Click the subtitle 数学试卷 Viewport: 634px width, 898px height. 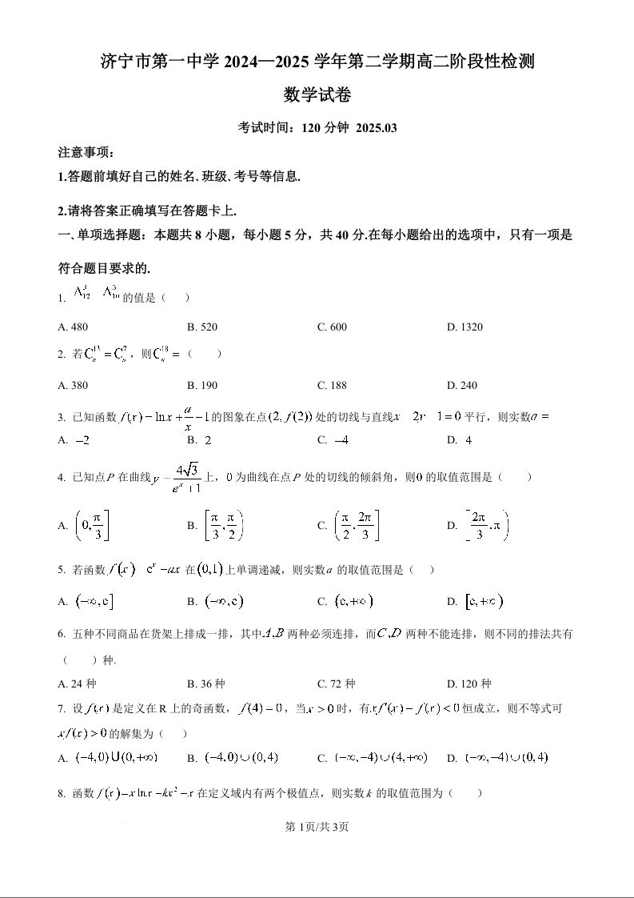pyautogui.click(x=317, y=95)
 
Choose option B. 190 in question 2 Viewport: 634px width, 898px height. pyautogui.click(x=202, y=385)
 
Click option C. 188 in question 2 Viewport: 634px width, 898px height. pyautogui.click(x=332, y=385)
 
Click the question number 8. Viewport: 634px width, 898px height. pyautogui.click(x=61, y=794)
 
